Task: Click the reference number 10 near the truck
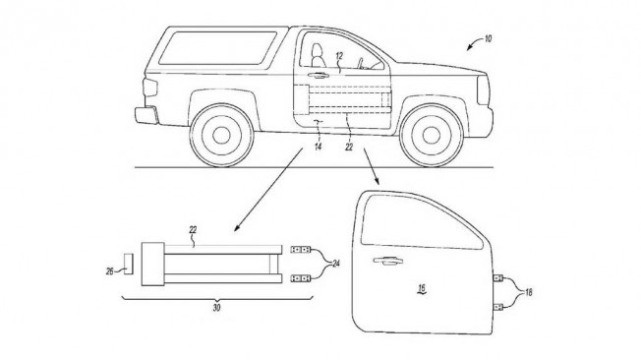tap(488, 39)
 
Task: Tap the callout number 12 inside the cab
tap(339, 56)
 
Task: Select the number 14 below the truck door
tap(319, 146)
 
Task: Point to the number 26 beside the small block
tap(109, 270)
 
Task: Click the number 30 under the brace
tap(216, 308)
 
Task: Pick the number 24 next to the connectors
tap(335, 264)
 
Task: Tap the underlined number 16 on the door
tap(422, 289)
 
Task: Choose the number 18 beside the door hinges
tap(528, 292)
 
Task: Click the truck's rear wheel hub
tap(221, 136)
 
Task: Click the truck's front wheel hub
tap(432, 136)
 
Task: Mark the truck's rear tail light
tap(149, 88)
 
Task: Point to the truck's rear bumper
tap(146, 115)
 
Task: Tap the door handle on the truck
tap(319, 75)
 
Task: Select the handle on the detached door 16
tap(387, 261)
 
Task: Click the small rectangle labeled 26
tap(129, 264)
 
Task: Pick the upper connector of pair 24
tap(301, 249)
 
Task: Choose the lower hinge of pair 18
tap(497, 307)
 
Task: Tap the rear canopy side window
tap(218, 48)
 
